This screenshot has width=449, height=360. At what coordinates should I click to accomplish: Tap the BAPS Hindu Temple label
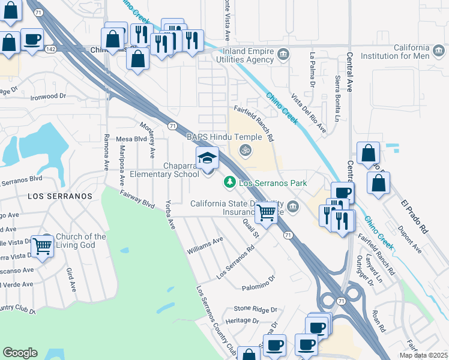click(x=224, y=137)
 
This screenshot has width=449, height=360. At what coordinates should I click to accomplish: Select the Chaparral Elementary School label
click(x=163, y=170)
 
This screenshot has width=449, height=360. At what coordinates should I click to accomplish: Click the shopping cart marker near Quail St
click(x=266, y=211)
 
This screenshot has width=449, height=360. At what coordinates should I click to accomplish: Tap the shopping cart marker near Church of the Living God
click(x=41, y=246)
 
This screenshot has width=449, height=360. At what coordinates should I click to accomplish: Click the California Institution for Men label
click(x=403, y=52)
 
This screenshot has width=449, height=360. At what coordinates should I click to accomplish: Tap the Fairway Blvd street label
click(x=137, y=199)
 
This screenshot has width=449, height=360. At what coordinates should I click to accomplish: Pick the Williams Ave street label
click(x=205, y=244)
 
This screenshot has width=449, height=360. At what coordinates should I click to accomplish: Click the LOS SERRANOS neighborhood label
click(x=59, y=196)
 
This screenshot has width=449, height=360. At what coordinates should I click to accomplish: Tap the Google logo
click(x=20, y=353)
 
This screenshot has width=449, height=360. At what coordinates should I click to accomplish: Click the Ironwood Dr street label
click(x=48, y=96)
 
